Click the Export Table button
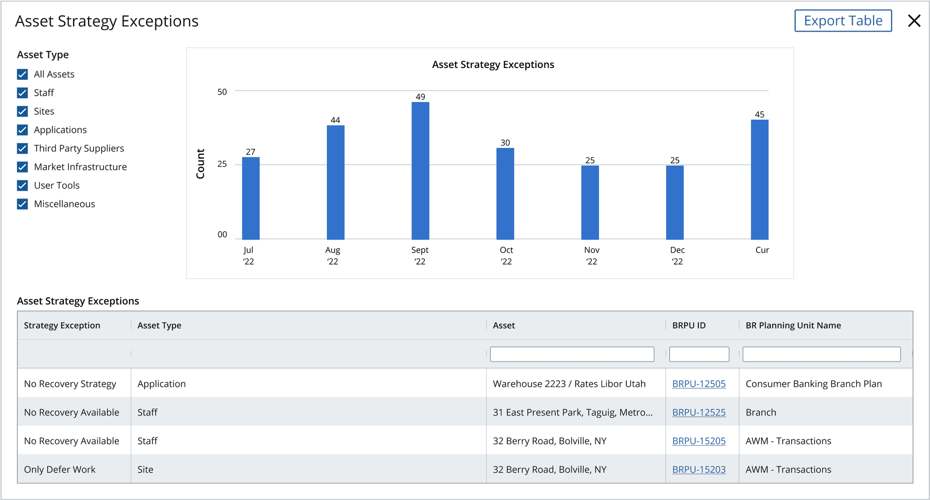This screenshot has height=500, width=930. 843,21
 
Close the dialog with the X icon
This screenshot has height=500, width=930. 914,21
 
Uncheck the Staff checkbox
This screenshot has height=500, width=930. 22,93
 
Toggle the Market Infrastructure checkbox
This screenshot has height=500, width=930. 22,167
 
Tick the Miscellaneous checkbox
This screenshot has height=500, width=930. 22,204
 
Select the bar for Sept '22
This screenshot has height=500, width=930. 420,171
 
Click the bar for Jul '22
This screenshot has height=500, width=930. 251,198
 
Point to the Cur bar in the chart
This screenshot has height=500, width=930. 759,180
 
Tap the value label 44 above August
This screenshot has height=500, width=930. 335,120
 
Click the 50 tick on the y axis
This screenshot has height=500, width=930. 222,92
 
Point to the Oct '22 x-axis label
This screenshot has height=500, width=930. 506,255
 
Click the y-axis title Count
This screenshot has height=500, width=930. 200,164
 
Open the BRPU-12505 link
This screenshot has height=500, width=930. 699,384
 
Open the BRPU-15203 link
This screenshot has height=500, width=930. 699,470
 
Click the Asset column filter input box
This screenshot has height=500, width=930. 572,354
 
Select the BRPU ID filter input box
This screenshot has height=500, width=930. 699,354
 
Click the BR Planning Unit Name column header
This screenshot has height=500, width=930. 793,325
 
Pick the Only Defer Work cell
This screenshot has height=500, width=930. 60,470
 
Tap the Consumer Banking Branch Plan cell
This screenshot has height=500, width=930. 814,384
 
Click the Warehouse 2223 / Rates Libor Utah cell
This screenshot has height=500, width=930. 569,384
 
